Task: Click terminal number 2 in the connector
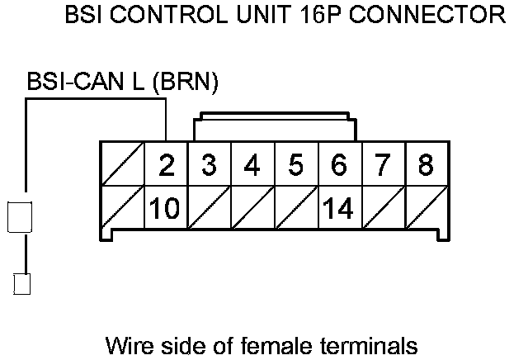pyautogui.click(x=167, y=165)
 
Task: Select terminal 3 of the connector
pyautogui.click(x=210, y=165)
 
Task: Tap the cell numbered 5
pyautogui.click(x=295, y=165)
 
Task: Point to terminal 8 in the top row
pyautogui.click(x=425, y=165)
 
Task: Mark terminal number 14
pyautogui.click(x=339, y=208)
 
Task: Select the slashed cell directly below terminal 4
pyautogui.click(x=252, y=208)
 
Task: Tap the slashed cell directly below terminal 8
pyautogui.click(x=425, y=208)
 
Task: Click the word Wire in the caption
pyautogui.click(x=129, y=343)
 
